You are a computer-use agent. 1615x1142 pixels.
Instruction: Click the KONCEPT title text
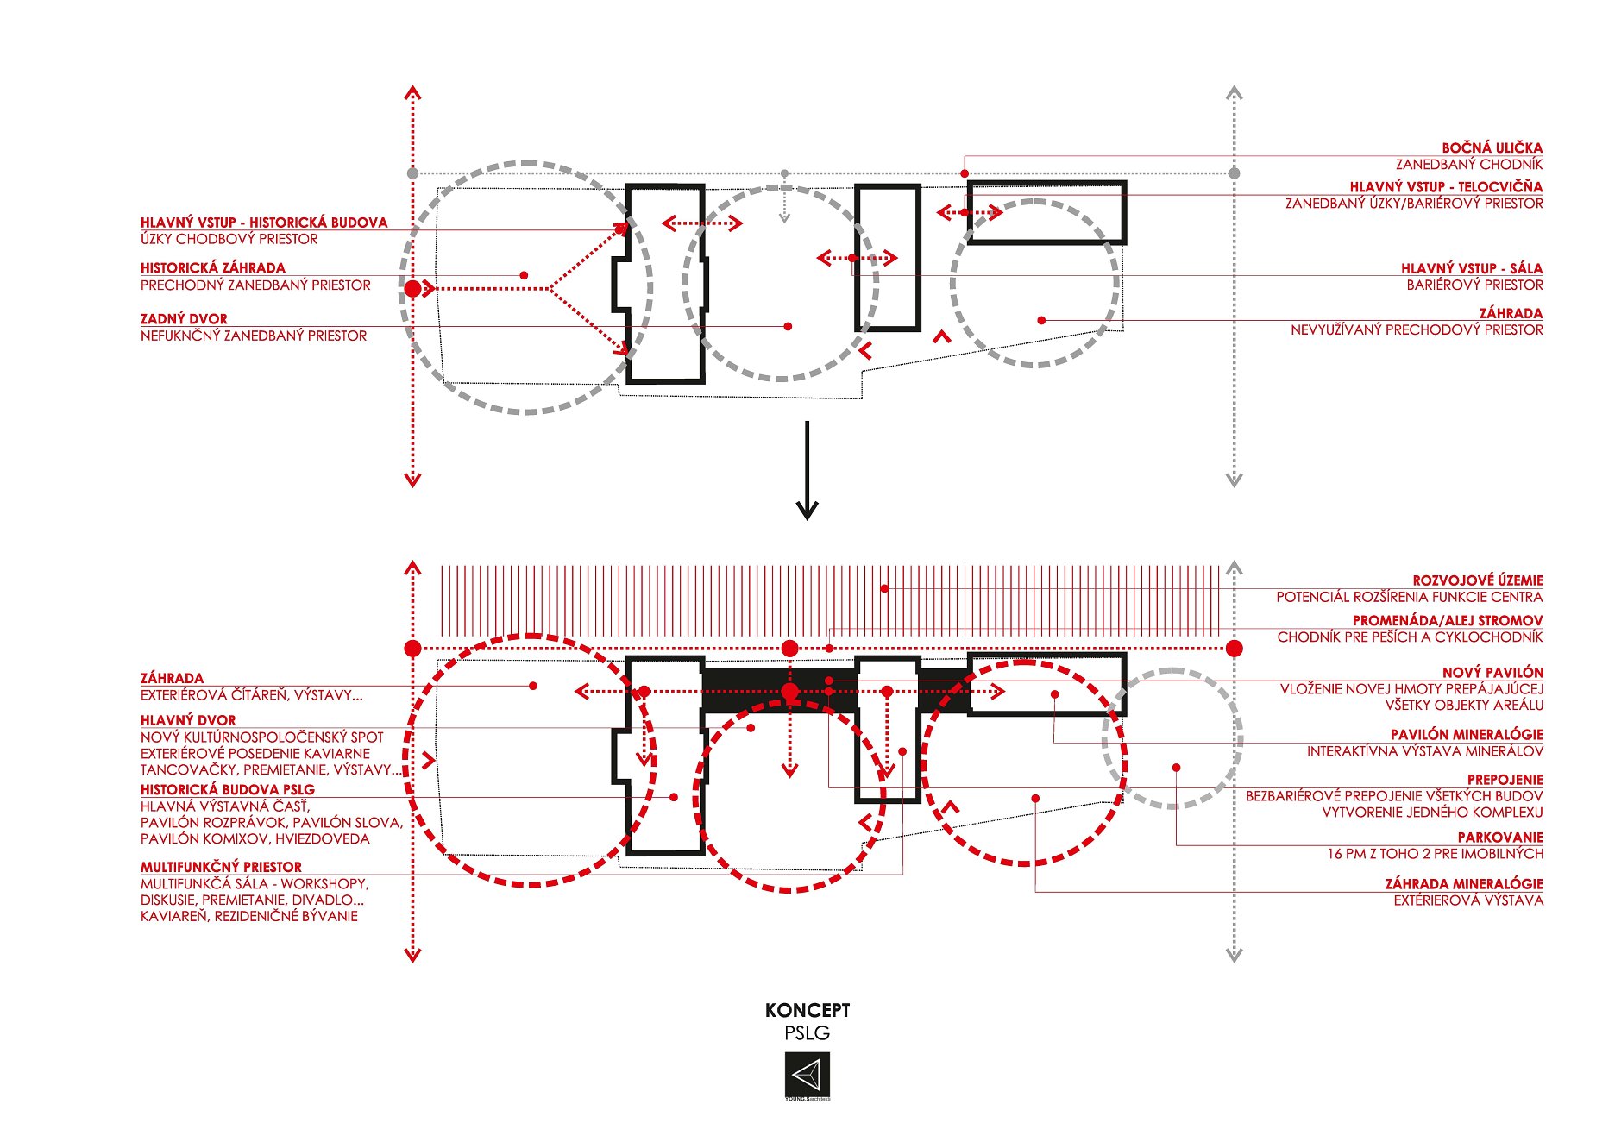click(807, 1010)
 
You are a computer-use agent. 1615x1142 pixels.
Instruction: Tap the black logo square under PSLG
click(807, 1075)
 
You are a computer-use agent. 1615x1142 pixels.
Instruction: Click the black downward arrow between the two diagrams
click(807, 470)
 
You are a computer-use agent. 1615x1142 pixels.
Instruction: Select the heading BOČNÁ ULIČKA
click(1492, 148)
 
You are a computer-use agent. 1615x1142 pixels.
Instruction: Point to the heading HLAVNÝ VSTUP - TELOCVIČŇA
click(1447, 187)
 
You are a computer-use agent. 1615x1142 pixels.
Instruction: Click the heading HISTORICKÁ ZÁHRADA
click(213, 268)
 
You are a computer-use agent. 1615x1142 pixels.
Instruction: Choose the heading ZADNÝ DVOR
click(184, 319)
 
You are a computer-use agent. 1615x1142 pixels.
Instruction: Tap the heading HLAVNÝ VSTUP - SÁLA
click(1472, 269)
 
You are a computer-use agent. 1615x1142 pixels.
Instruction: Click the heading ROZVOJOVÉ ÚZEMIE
click(1478, 581)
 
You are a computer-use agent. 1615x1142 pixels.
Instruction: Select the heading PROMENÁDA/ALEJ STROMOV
click(1448, 621)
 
